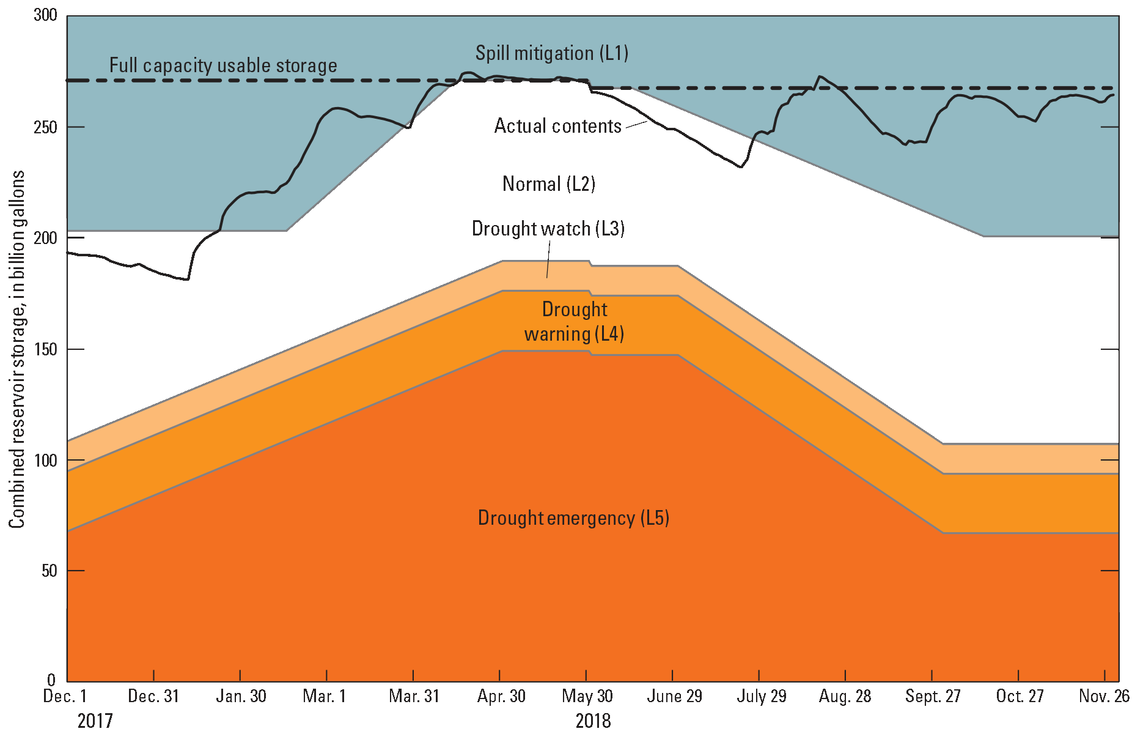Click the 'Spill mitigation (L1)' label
(x=552, y=53)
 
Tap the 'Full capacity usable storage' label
(x=223, y=65)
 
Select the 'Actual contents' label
(x=557, y=126)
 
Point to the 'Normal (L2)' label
(x=548, y=183)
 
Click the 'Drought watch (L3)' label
(x=548, y=229)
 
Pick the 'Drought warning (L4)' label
(x=574, y=322)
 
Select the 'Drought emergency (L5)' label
(x=573, y=518)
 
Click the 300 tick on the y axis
(x=45, y=15)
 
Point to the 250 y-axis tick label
(x=45, y=127)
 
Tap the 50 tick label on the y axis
(x=49, y=571)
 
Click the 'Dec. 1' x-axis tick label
(x=65, y=696)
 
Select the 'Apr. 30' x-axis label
(x=501, y=696)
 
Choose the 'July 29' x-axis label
(x=761, y=696)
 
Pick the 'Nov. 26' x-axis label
(x=1104, y=696)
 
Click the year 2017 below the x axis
(x=95, y=721)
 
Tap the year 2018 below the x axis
(x=593, y=721)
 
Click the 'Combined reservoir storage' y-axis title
(x=17, y=349)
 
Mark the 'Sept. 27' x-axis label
(x=933, y=696)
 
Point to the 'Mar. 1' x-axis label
(x=325, y=696)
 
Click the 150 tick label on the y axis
(x=45, y=349)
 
